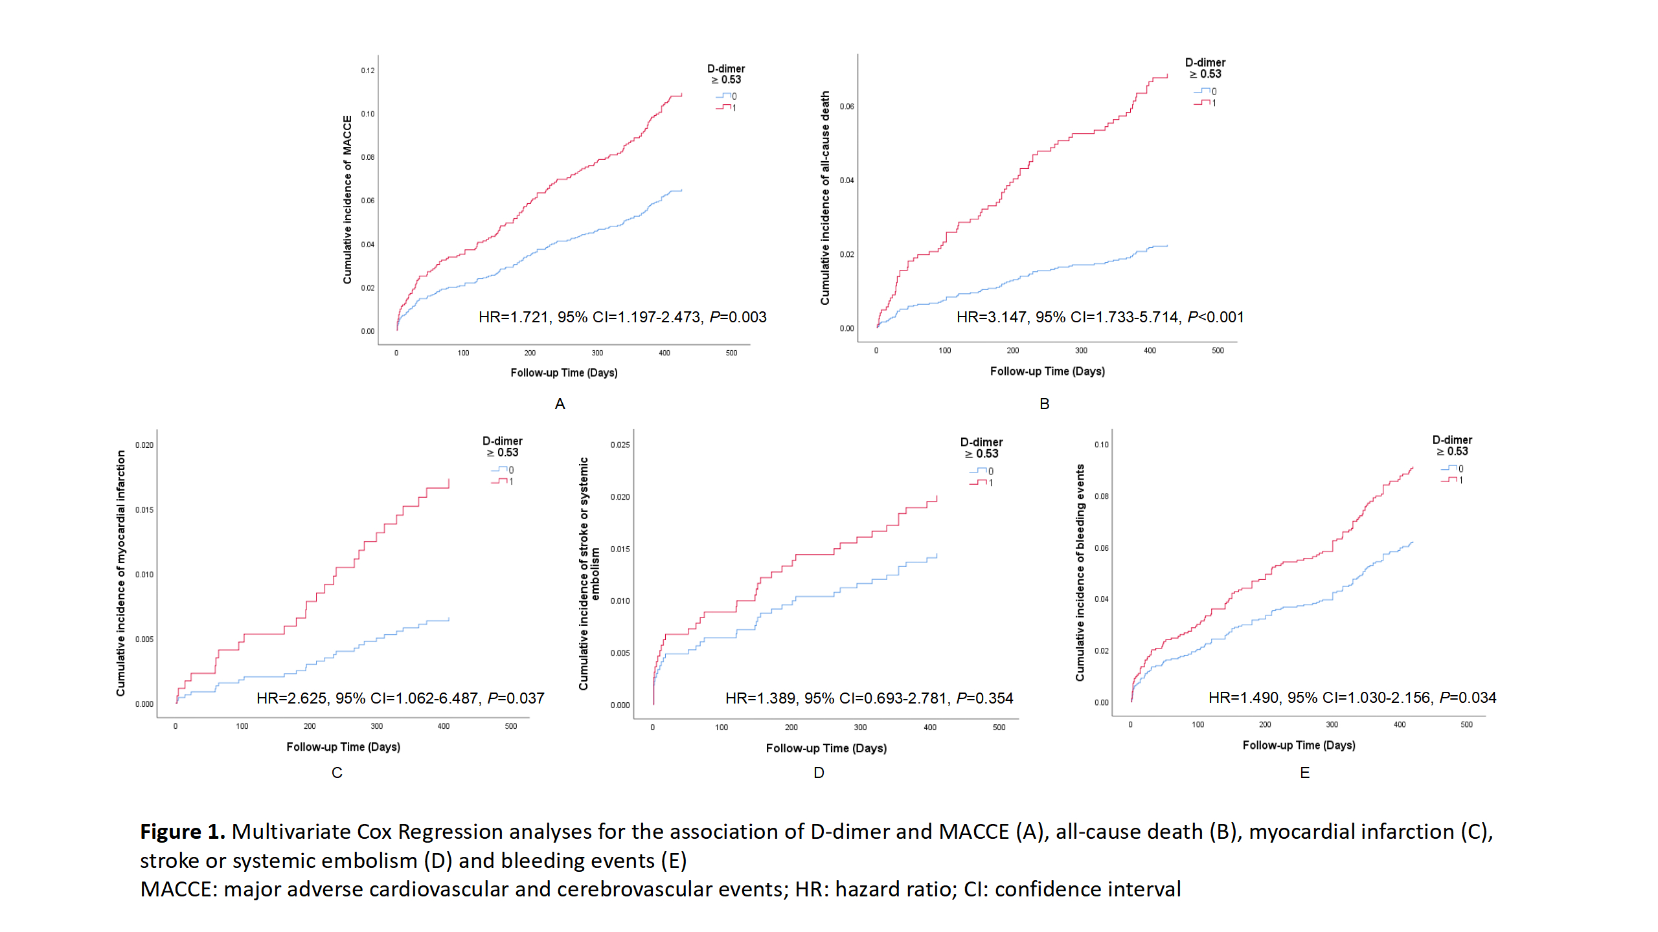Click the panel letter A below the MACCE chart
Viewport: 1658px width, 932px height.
[560, 404]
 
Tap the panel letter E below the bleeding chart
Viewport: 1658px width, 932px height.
[1304, 773]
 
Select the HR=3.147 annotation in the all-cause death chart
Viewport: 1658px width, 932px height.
[991, 317]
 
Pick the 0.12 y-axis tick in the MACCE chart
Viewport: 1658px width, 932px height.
[368, 71]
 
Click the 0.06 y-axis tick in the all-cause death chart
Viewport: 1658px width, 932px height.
[846, 106]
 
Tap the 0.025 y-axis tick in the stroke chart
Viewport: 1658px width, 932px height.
[620, 445]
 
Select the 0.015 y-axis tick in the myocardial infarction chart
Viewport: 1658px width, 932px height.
[144, 510]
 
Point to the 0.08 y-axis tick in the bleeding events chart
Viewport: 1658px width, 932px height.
[1101, 496]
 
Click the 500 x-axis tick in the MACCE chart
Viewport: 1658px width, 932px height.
[731, 353]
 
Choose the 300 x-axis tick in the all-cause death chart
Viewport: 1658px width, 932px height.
[1081, 351]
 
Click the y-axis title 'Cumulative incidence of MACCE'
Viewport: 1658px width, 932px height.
[347, 199]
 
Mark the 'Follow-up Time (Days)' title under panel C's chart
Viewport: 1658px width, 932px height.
[343, 747]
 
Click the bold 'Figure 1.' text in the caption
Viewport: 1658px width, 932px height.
[183, 832]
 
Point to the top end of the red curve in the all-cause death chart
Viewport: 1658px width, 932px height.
[1167, 75]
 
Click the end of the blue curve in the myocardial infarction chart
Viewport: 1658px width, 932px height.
[449, 619]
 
